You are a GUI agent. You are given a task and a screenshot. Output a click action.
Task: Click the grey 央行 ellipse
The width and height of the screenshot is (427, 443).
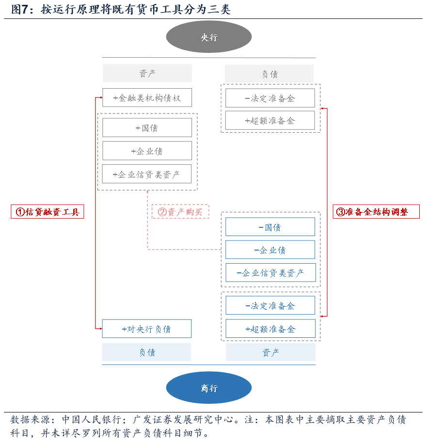tap(209, 37)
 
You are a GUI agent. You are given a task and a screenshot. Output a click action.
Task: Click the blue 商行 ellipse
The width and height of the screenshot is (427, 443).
tap(209, 388)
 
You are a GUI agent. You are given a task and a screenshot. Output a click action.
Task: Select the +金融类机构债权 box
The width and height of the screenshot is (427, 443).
tap(147, 98)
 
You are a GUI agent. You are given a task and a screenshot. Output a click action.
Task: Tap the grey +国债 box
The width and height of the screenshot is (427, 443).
tap(147, 128)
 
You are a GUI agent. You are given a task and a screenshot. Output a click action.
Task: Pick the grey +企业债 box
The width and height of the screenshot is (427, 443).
tap(147, 151)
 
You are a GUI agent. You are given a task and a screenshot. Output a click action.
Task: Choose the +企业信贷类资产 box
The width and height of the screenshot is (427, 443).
tap(147, 174)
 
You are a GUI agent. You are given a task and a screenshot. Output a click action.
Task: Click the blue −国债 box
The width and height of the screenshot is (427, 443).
tap(270, 227)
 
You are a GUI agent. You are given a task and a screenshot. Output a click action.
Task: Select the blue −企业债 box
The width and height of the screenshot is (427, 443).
tap(270, 250)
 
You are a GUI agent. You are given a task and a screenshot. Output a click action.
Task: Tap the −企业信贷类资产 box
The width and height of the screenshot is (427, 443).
tap(270, 273)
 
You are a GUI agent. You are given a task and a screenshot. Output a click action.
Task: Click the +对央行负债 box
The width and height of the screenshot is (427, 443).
tap(146, 329)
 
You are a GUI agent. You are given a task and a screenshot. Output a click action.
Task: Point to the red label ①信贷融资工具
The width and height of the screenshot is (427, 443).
tap(47, 212)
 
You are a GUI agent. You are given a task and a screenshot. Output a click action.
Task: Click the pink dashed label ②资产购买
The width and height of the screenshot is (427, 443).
tap(181, 212)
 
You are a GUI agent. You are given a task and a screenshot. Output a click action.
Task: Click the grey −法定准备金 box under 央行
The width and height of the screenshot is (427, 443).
tap(270, 98)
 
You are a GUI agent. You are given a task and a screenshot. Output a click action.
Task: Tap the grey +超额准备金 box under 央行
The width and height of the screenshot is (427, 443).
tap(270, 121)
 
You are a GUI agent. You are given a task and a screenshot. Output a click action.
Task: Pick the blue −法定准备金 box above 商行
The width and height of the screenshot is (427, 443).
tap(270, 306)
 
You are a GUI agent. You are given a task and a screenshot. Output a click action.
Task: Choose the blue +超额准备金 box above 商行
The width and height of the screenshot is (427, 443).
tap(270, 329)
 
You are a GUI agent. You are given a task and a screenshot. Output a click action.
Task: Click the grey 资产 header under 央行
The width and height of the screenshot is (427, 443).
tap(147, 73)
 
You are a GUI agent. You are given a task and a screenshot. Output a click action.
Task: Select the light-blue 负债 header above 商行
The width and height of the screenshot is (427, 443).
tap(146, 352)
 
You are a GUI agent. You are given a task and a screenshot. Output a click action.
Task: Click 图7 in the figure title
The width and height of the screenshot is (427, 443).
tap(18, 10)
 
